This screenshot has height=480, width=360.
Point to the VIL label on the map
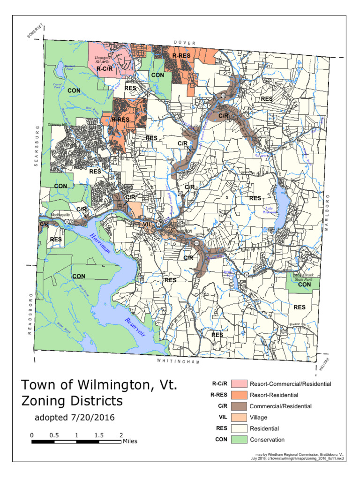[148, 225]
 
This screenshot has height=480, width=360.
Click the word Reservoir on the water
[135, 328]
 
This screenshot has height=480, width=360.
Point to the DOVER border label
[184, 43]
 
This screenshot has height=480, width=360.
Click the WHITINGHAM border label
[178, 362]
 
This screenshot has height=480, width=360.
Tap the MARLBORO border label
[335, 211]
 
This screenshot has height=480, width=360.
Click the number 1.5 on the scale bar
[99, 435]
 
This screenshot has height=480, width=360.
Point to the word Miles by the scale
[130, 441]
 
